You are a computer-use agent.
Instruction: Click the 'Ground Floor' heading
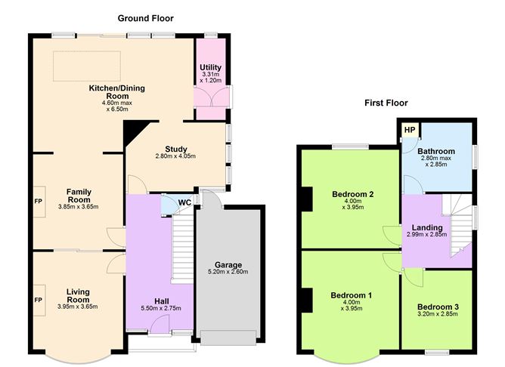point(145,18)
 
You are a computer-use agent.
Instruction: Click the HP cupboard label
point(409,130)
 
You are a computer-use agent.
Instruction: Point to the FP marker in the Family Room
point(38,202)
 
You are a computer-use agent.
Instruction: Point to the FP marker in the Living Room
point(38,300)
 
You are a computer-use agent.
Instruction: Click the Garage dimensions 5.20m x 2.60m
point(228,273)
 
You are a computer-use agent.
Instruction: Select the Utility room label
point(210,68)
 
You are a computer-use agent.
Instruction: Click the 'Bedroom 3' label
point(436,307)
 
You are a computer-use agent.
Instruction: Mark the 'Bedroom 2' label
point(353,194)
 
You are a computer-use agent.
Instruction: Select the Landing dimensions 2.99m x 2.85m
point(426,235)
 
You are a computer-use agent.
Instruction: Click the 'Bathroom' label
point(438,151)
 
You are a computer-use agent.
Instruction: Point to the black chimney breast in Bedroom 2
point(306,200)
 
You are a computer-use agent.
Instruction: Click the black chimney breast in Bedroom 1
point(306,300)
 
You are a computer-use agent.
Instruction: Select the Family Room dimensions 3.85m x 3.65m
point(78,206)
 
